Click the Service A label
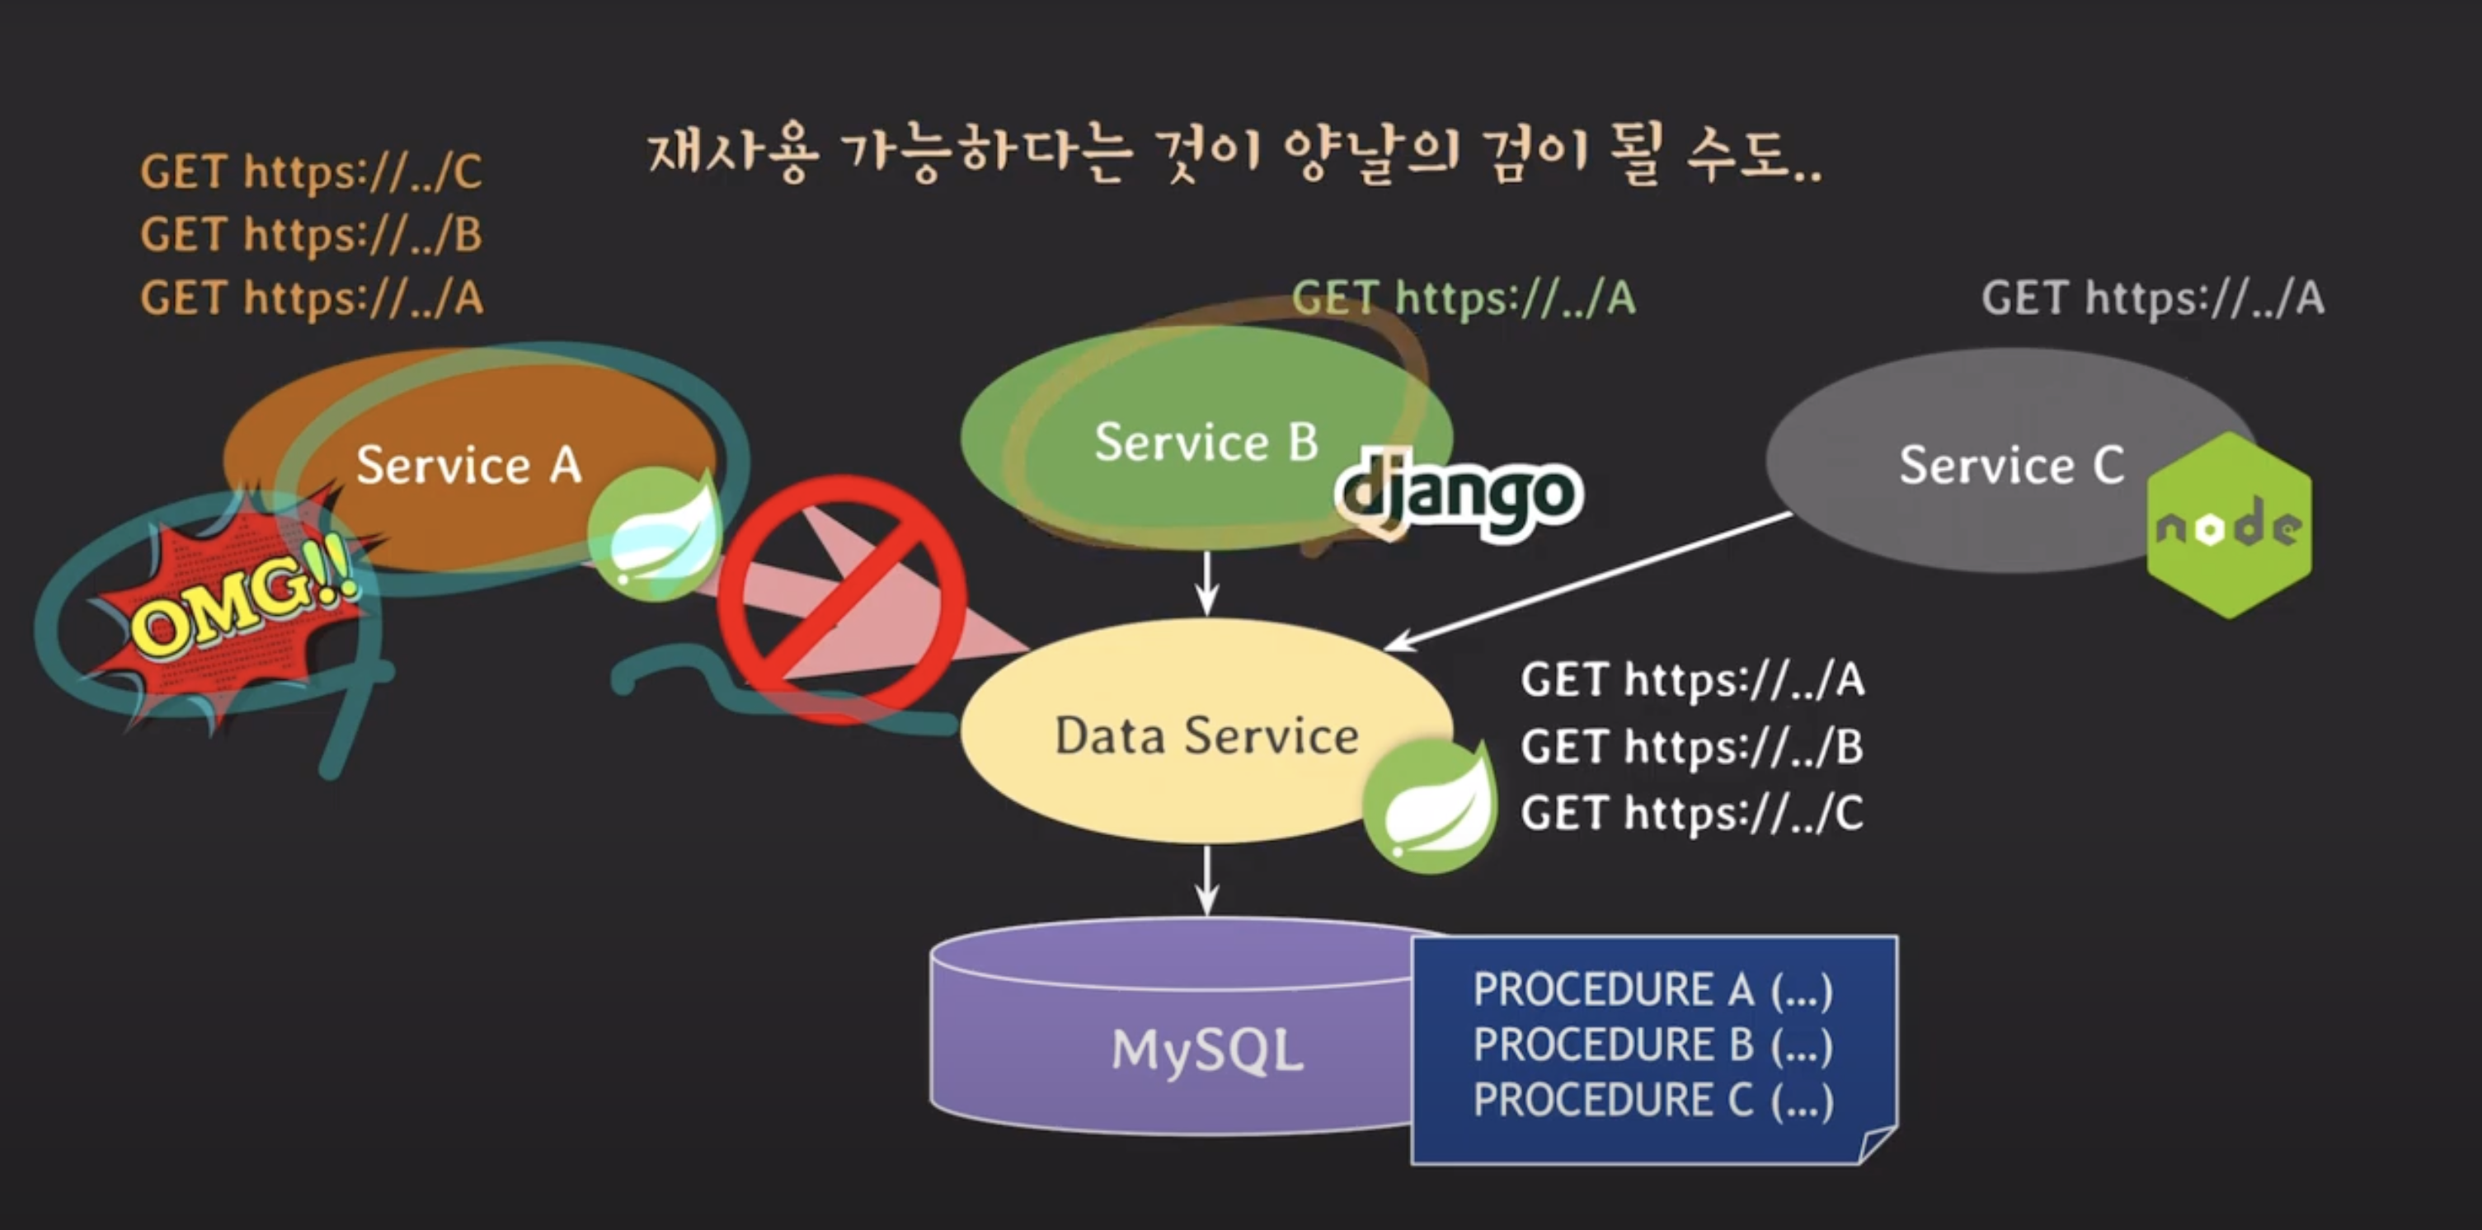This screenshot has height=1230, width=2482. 469,465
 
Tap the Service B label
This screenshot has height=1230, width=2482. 1206,442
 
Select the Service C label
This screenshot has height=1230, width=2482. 2011,465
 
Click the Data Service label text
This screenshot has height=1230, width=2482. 1206,736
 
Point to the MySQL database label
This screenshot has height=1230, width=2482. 1206,1048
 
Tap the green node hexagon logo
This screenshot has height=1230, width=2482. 2229,526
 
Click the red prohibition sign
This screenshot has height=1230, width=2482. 841,599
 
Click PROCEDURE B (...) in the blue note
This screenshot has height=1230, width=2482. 1652,1045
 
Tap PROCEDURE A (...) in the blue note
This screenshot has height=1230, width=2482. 1652,990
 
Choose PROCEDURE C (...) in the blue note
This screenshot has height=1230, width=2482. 1652,1100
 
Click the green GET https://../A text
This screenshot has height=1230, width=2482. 1463,298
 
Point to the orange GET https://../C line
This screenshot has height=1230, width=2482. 310,171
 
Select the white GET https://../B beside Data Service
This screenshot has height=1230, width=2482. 1691,746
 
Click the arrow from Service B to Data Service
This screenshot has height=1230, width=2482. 1206,583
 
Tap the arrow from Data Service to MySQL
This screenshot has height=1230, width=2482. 1206,880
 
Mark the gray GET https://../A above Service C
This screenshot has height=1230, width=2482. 2152,298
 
